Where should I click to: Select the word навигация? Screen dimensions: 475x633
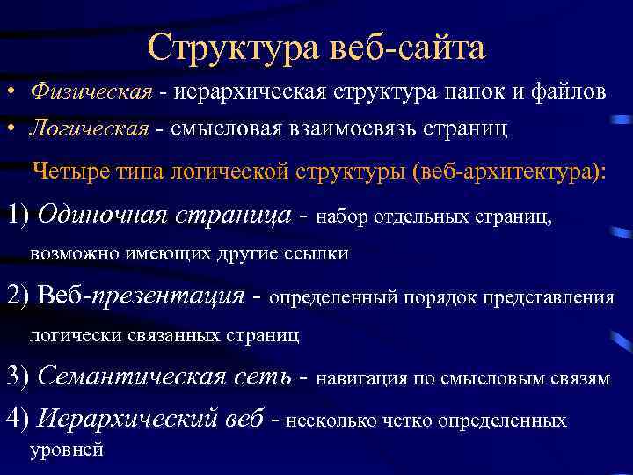click(360, 378)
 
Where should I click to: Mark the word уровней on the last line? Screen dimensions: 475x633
click(67, 449)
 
